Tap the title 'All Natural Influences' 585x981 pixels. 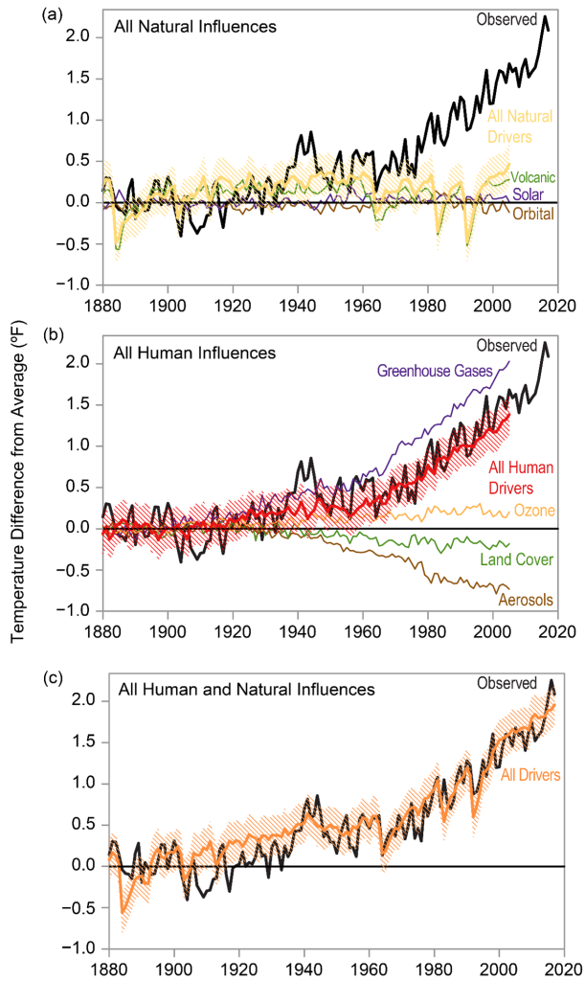[194, 26]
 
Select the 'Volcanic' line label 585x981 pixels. [532, 177]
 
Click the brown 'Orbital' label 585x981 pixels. [531, 214]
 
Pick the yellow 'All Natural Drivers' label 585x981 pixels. [521, 125]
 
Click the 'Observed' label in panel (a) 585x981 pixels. [506, 18]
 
